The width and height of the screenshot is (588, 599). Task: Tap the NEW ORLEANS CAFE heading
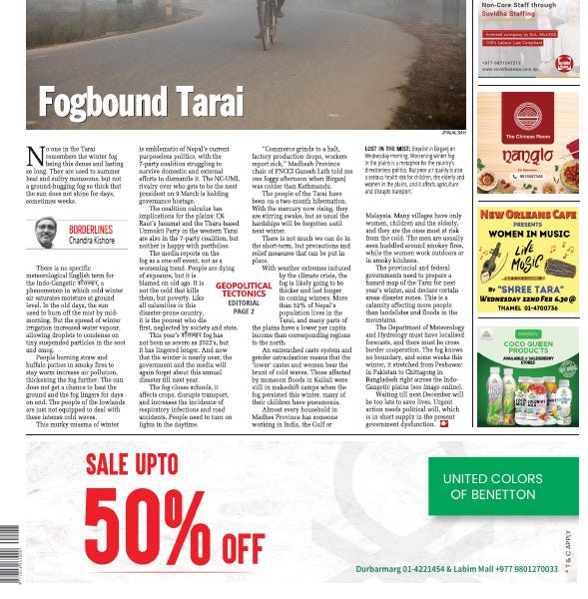pos(527,214)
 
